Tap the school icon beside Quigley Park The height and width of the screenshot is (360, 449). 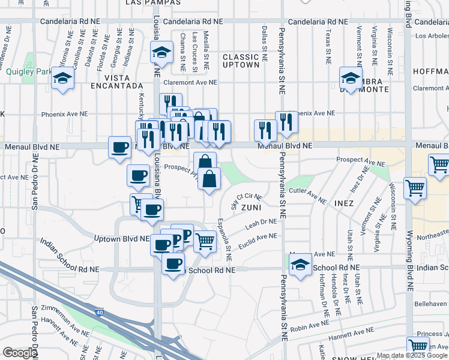tap(62, 79)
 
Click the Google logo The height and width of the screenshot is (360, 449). tap(19, 353)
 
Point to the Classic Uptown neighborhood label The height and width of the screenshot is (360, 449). tap(241, 61)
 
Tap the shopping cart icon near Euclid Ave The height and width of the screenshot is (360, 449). tap(205, 241)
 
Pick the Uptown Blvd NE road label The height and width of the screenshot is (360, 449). tap(122, 238)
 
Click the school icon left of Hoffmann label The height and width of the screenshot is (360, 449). tap(351, 78)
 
